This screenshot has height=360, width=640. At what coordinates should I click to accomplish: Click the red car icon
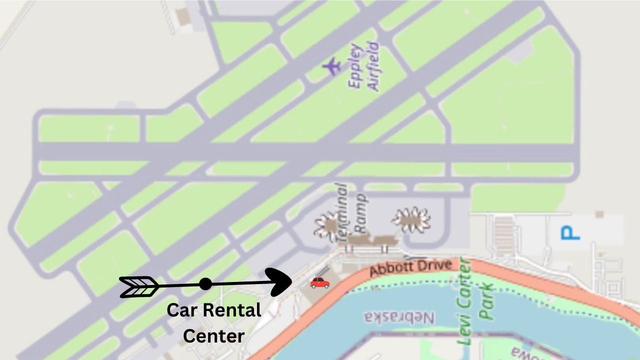point(320,282)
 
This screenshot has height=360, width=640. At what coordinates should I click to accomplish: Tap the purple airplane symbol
point(331,66)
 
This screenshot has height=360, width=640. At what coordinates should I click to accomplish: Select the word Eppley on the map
point(355,66)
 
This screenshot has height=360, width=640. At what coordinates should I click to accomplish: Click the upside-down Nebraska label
point(399,318)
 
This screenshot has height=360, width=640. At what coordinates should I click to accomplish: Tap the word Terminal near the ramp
point(341,213)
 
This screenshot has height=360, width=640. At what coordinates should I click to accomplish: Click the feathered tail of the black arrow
point(139,287)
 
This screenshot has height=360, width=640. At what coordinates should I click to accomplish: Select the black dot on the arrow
point(205,284)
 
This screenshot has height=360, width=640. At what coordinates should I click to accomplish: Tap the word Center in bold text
point(213,335)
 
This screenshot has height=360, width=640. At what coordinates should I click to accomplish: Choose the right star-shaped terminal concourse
point(411,219)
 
